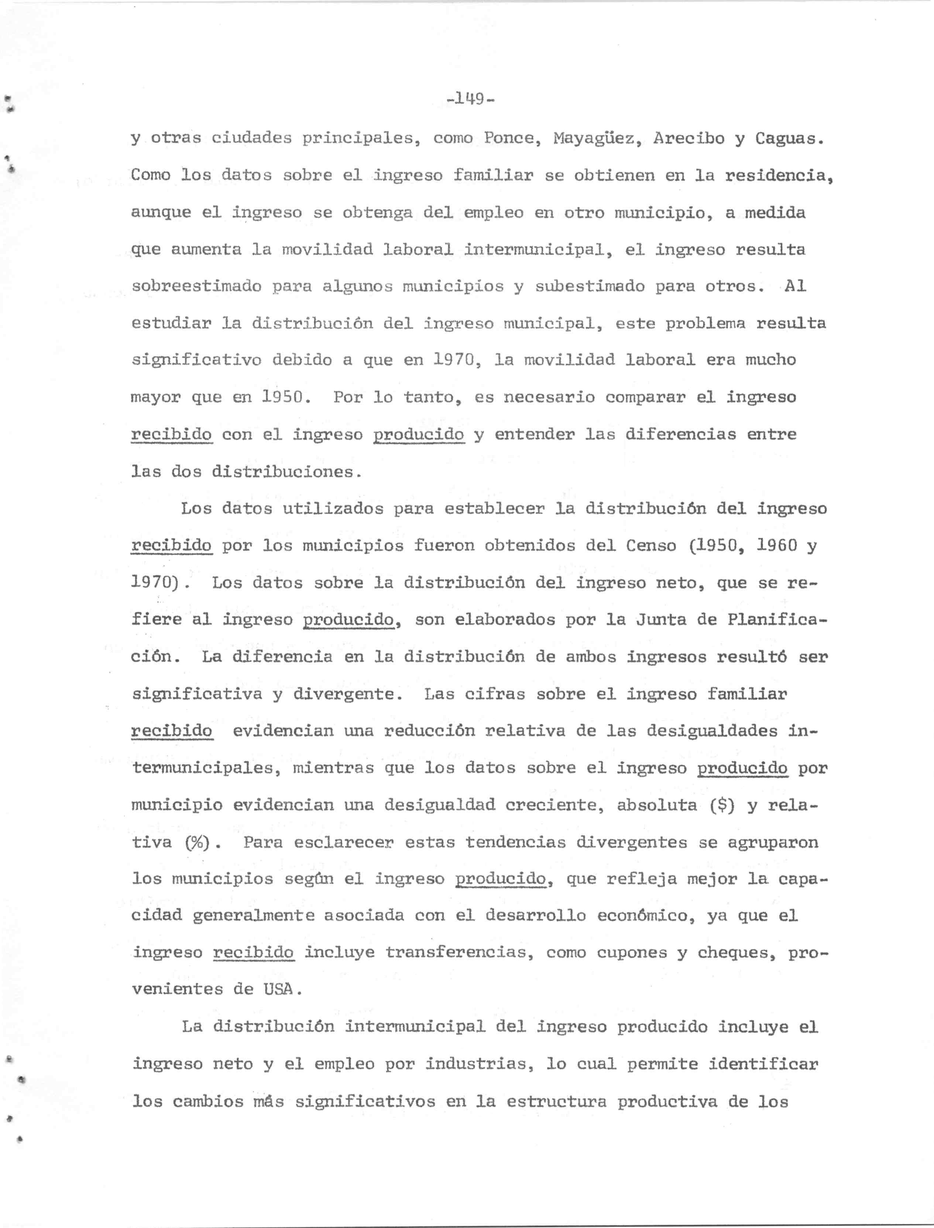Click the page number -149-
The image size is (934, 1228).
pos(470,100)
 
